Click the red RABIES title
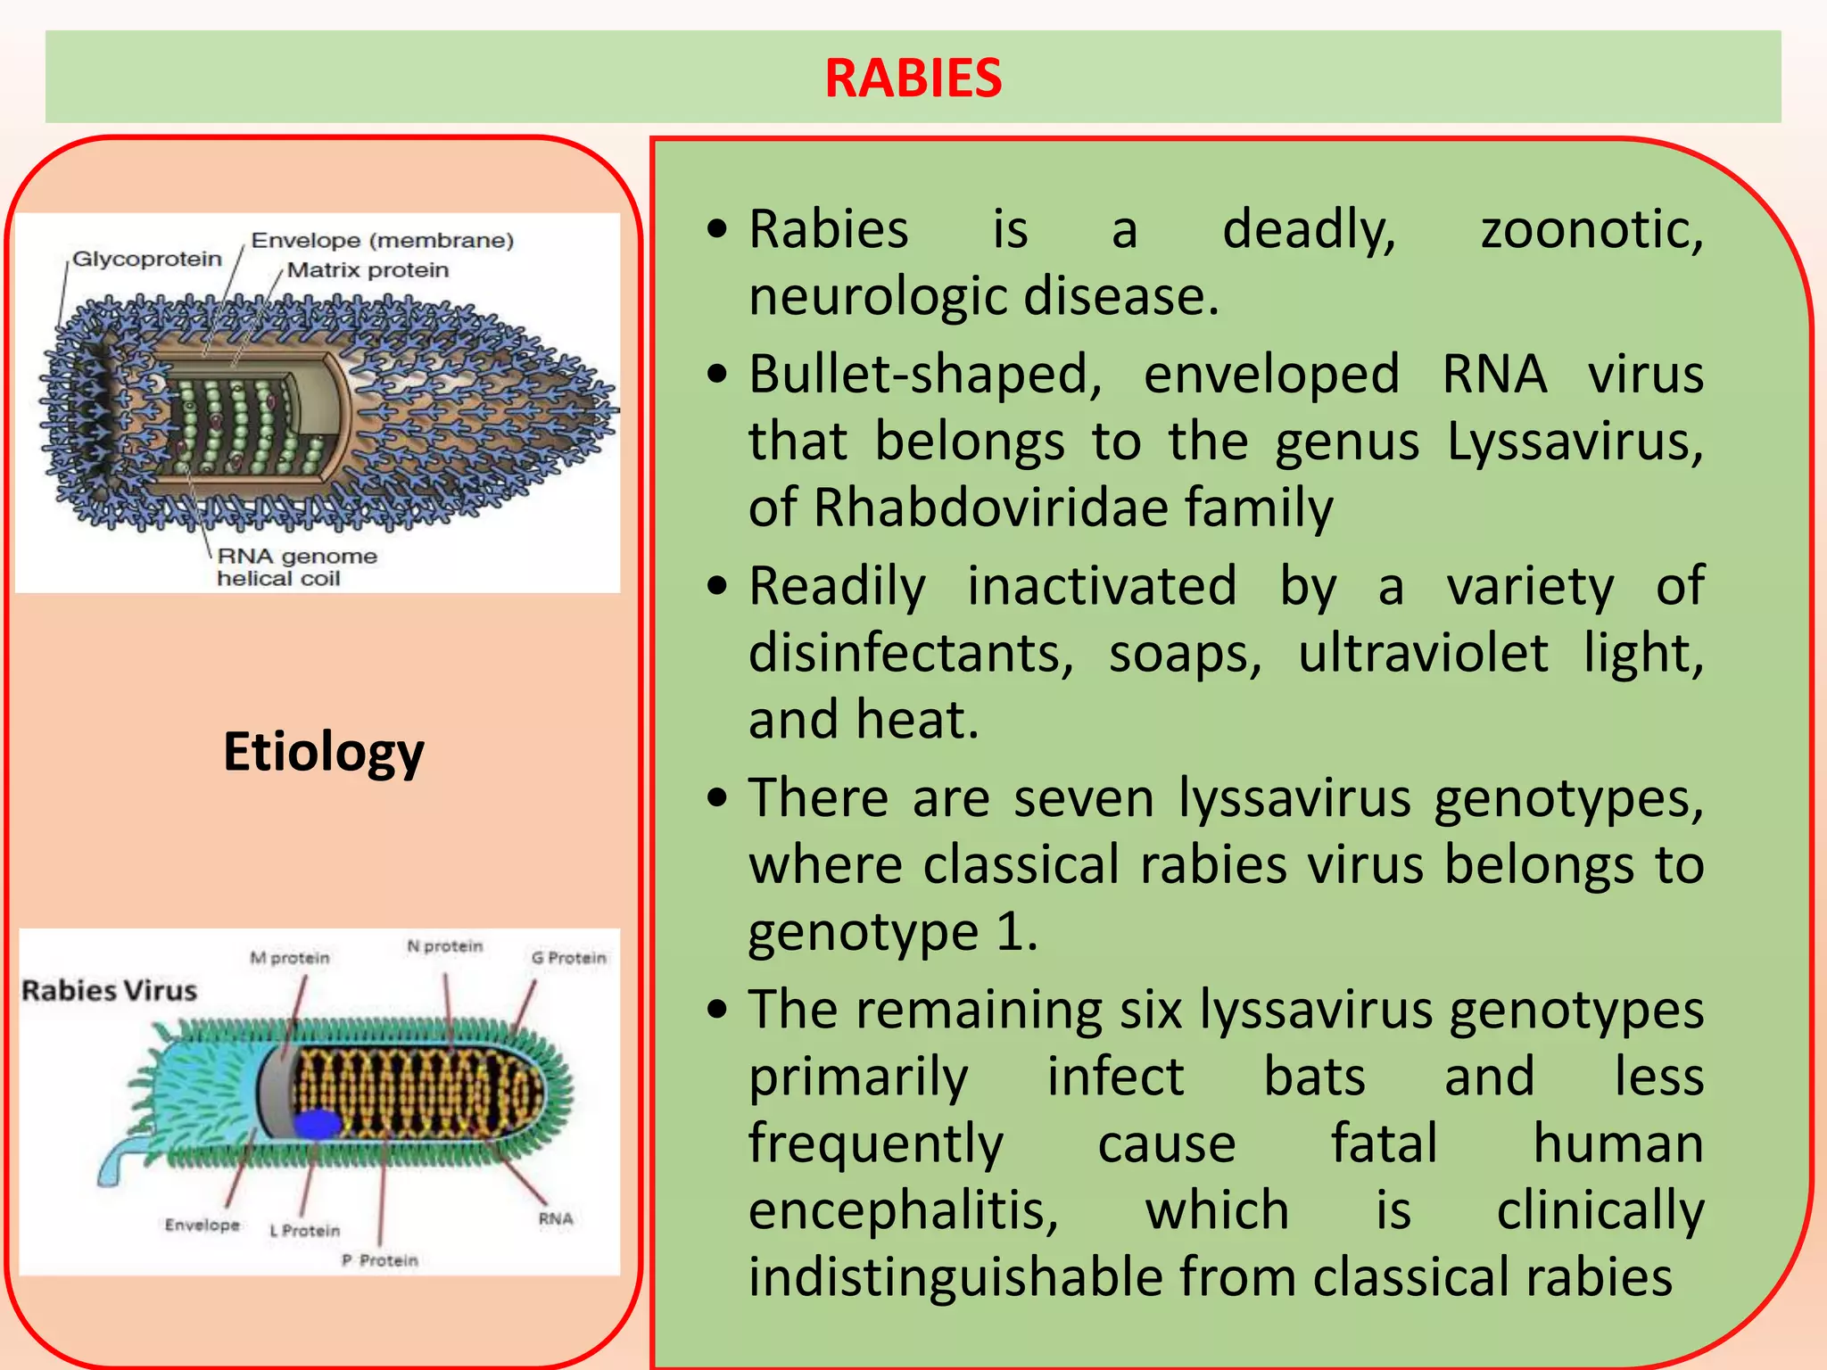point(913,78)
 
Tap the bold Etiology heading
point(323,752)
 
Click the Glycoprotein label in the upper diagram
point(147,260)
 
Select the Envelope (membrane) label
point(383,241)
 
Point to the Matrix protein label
point(368,270)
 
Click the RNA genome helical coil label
point(296,567)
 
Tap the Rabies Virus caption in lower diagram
point(109,991)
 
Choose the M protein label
point(290,958)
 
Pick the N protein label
point(444,946)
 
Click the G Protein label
point(568,958)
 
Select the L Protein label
point(305,1231)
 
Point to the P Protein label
point(380,1260)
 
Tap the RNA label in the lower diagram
point(555,1219)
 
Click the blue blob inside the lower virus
point(317,1125)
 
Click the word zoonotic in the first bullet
point(1591,230)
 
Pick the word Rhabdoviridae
point(991,508)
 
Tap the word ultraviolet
point(1423,654)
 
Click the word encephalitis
point(903,1211)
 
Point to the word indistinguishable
point(955,1277)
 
